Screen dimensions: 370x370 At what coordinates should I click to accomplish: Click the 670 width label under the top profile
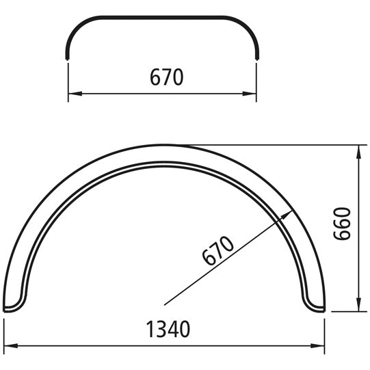coord(166,78)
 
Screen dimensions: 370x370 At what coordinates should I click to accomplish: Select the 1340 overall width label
coord(168,329)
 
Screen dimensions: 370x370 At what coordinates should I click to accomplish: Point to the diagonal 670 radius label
coord(218,251)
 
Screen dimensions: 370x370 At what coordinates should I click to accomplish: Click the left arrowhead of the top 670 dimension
coord(72,93)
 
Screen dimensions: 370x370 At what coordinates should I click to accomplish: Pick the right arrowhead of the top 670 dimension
coord(253,93)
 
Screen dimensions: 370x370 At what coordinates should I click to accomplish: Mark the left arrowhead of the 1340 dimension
coord(8,344)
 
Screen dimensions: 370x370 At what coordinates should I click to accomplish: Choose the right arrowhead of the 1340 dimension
coord(321,344)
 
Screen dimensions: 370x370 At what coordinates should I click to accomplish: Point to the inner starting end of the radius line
coord(164,304)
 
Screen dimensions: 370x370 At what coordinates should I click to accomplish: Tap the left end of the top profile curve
coord(68,57)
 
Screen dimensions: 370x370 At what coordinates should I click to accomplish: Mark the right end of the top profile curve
coord(257,57)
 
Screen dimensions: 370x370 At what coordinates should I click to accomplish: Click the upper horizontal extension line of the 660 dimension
coord(274,145)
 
